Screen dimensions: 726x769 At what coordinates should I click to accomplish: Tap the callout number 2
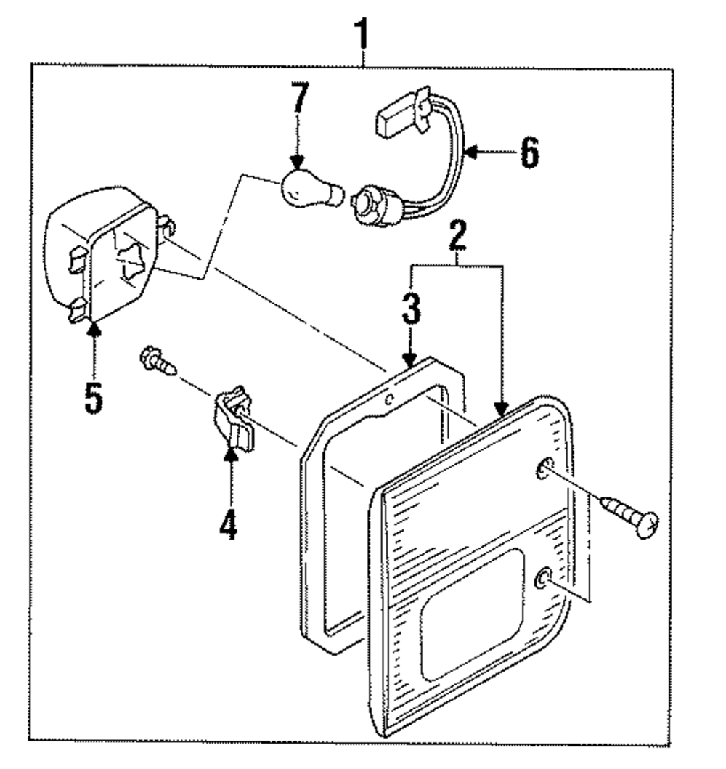(457, 235)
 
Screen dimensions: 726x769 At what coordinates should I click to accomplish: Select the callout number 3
(411, 309)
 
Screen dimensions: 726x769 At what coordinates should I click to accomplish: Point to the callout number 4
(229, 524)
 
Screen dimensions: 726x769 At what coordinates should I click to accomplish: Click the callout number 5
(94, 397)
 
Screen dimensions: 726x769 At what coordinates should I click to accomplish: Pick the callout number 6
(529, 152)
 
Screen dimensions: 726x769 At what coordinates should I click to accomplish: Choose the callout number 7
(300, 97)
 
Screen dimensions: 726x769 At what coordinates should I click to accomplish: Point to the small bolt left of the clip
(158, 362)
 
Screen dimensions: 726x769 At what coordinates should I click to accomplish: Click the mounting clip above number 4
(234, 418)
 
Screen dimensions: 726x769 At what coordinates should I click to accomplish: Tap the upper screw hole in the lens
(544, 469)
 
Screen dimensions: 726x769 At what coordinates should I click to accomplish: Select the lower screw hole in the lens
(543, 578)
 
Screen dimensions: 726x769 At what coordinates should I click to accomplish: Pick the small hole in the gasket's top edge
(389, 399)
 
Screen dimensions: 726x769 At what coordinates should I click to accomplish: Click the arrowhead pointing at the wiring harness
(470, 152)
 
